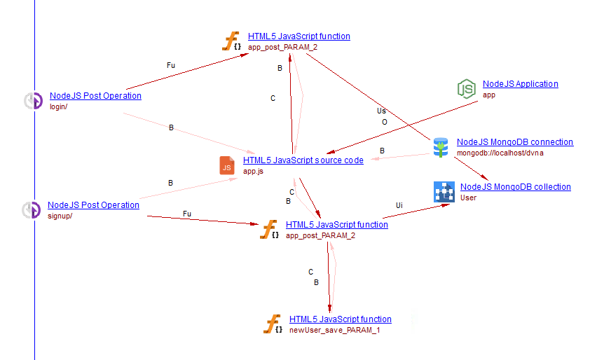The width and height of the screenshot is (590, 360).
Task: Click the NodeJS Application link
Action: point(520,84)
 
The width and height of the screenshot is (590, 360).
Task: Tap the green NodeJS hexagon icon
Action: point(466,89)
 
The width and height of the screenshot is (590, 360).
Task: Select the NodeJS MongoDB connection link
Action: point(514,142)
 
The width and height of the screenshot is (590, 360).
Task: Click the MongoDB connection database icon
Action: point(441,147)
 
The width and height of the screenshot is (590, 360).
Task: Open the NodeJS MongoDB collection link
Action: point(515,187)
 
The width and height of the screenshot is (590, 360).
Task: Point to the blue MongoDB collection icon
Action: point(444,192)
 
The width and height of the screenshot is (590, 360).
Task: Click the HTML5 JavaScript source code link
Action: point(303,160)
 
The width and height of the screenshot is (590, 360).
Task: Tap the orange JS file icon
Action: point(227,166)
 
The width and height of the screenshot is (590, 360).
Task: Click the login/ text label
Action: point(58,106)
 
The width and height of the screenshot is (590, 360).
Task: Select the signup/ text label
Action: point(60,216)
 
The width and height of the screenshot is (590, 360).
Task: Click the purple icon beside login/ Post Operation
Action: point(33,101)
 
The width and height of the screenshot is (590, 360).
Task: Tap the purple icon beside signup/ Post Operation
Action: point(31,210)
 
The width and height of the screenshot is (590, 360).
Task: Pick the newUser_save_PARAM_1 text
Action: point(334,330)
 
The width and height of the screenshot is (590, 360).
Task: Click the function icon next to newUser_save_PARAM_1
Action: point(272,324)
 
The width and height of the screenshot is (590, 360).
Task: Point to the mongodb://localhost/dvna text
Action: point(500,153)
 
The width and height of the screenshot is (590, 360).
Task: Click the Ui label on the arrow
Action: point(399,205)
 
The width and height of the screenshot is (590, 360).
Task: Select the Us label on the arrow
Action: point(381,111)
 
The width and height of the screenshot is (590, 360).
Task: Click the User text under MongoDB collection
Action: point(468,198)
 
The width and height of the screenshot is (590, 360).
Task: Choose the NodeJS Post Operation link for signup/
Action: point(93,205)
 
